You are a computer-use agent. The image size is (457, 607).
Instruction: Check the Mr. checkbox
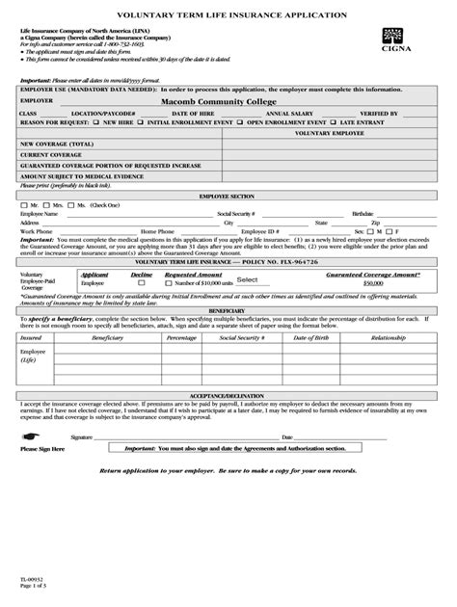coord(23,205)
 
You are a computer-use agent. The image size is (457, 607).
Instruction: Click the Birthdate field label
coord(363,214)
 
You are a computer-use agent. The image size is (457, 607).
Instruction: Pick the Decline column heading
coord(142,275)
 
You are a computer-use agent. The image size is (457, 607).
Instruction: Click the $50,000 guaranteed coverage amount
coord(373,283)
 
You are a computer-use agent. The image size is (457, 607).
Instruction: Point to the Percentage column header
coord(181,338)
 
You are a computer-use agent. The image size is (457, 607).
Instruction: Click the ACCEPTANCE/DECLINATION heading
coord(228,395)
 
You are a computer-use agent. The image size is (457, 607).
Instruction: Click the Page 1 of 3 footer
coord(29,587)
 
